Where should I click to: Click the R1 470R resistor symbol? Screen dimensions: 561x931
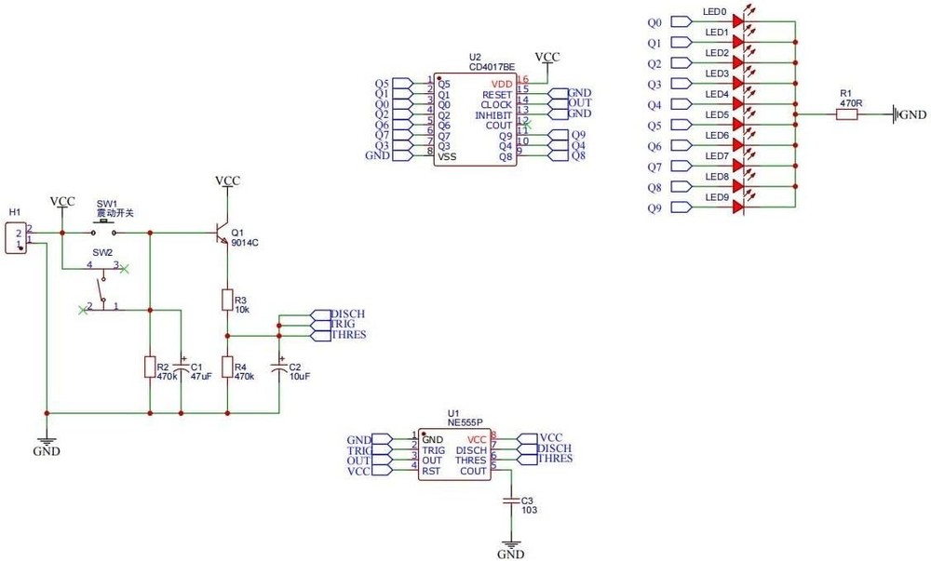point(846,114)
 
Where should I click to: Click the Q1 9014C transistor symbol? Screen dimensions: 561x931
point(222,234)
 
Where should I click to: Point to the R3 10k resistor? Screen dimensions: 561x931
point(226,299)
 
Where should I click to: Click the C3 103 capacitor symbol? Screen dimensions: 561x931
point(510,501)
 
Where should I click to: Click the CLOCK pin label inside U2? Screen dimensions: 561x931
point(496,105)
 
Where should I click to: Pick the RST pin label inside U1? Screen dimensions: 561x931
point(431,471)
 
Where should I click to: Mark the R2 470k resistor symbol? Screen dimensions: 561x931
point(150,367)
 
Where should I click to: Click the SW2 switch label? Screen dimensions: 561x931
point(101,252)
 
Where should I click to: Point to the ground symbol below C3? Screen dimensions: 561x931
point(510,544)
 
